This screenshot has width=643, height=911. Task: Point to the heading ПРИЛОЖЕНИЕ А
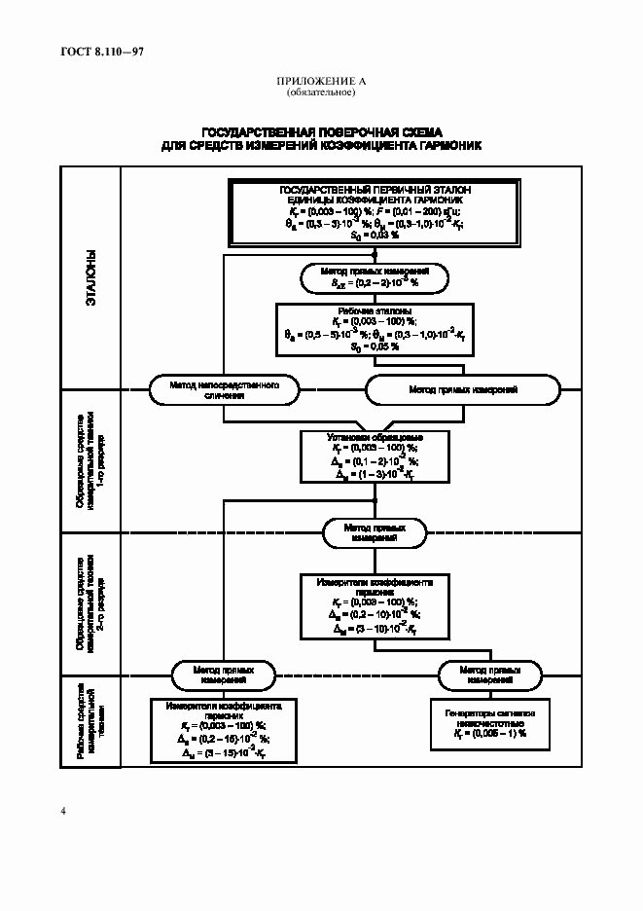(x=321, y=82)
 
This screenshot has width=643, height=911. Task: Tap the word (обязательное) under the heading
(x=321, y=92)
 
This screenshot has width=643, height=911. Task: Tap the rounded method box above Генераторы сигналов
(x=490, y=674)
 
